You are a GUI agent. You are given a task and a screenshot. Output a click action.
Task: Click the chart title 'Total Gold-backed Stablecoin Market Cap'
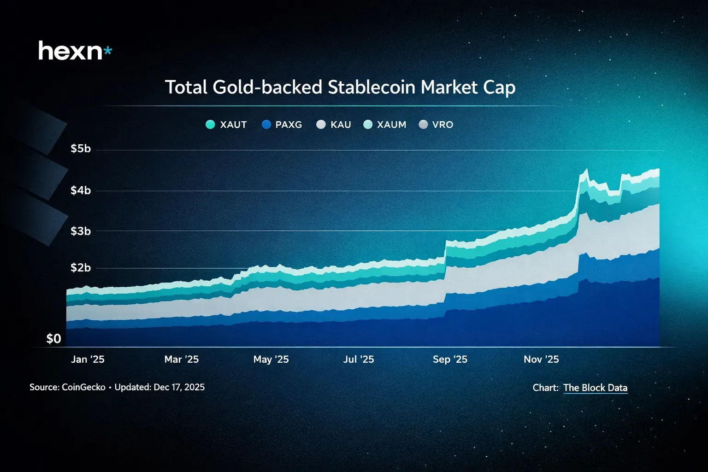click(340, 88)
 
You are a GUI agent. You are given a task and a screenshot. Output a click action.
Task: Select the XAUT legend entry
click(226, 124)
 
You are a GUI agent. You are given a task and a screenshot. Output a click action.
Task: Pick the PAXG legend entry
click(282, 124)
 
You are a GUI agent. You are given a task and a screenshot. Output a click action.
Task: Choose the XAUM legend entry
click(385, 124)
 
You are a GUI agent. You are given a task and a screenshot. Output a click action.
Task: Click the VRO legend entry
click(436, 124)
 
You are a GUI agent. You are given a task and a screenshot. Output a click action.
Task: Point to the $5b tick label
click(81, 149)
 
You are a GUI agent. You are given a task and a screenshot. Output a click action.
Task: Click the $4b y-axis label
click(81, 190)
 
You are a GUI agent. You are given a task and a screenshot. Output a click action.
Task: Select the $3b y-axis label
click(81, 231)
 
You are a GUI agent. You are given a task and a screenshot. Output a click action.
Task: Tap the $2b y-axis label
click(81, 268)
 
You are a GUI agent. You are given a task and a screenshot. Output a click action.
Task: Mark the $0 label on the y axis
click(54, 339)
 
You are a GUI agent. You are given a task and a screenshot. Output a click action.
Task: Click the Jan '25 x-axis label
click(88, 360)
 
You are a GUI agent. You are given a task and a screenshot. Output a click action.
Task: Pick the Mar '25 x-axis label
click(182, 360)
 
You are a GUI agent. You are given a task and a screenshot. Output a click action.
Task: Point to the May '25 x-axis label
click(271, 360)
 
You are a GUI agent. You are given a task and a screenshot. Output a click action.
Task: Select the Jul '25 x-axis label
click(359, 360)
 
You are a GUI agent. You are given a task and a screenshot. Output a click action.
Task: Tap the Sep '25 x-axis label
click(450, 360)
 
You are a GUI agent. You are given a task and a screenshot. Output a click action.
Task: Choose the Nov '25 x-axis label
click(541, 360)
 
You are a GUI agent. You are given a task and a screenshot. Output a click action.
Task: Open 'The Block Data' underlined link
click(595, 388)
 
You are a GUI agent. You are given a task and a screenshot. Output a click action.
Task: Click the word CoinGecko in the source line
click(83, 387)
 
